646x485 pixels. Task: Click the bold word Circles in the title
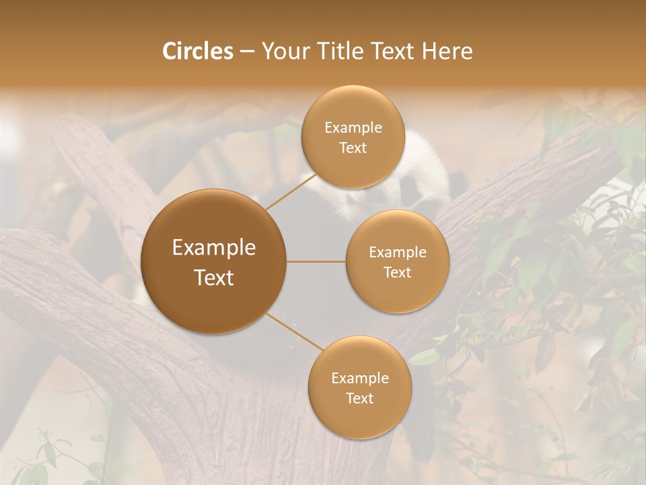198,51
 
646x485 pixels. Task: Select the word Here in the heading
447,51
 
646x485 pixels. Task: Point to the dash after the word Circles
247,52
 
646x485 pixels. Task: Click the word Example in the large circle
214,247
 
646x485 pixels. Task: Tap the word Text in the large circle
214,277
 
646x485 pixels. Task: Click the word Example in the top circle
353,127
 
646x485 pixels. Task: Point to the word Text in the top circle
353,148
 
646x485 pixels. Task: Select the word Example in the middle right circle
397,252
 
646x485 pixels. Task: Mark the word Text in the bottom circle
359,398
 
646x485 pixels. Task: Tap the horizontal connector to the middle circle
316,261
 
